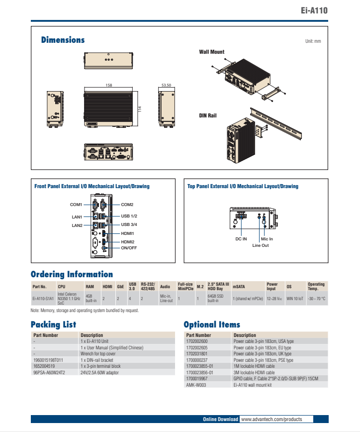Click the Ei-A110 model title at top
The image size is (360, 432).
click(x=314, y=10)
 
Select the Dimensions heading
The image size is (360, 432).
click(x=63, y=40)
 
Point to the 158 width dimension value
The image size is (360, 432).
click(x=108, y=86)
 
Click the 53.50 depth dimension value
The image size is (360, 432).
click(x=166, y=86)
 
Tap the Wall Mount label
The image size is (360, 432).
click(x=211, y=52)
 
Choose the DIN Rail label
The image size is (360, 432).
click(x=208, y=115)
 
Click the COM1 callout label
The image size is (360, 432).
click(x=76, y=205)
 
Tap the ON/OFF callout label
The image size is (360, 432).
click(x=129, y=248)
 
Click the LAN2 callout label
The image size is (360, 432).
click(x=77, y=225)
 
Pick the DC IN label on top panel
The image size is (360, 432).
click(x=241, y=239)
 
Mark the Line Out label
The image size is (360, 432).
click(x=260, y=245)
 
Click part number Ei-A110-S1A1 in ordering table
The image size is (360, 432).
click(x=43, y=299)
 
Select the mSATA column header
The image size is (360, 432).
click(x=239, y=287)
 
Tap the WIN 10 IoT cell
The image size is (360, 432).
click(x=294, y=299)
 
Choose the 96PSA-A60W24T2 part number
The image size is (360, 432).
click(x=49, y=372)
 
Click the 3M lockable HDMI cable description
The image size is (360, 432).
click(x=254, y=372)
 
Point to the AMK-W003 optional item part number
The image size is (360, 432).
click(x=195, y=385)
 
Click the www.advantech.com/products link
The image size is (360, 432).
click(x=271, y=420)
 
